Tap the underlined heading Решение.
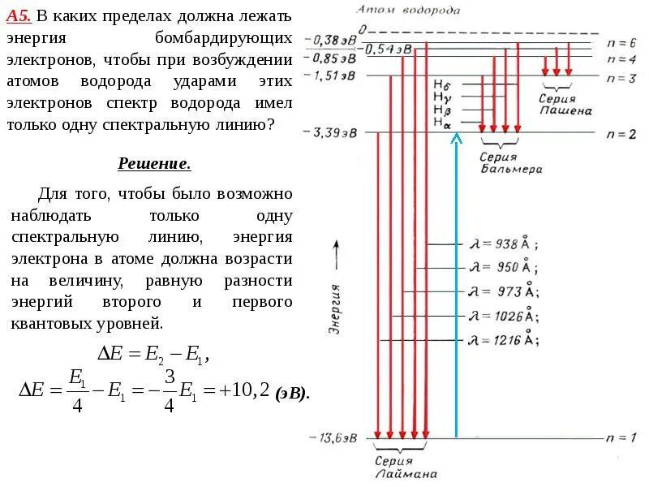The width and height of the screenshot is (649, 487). click(x=155, y=164)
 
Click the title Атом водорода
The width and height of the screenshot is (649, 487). click(x=409, y=10)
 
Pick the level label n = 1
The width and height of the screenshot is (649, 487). click(x=621, y=438)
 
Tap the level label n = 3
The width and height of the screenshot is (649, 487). click(x=621, y=77)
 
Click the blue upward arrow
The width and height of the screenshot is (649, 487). click(x=457, y=284)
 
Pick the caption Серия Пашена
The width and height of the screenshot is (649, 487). click(x=565, y=104)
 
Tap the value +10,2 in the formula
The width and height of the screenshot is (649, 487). click(x=244, y=391)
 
